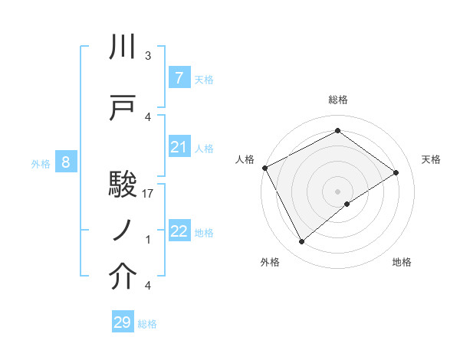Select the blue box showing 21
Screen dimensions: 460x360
179,148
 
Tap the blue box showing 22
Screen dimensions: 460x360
179,232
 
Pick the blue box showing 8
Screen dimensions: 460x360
66,162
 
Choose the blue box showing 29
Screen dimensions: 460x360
123,322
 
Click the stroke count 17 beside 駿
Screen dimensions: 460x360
149,194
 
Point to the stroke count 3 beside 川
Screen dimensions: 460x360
148,56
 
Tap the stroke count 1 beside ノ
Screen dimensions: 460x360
148,240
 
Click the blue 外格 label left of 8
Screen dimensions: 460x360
41,163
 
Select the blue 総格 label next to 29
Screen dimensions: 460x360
148,324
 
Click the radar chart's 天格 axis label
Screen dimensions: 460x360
431,159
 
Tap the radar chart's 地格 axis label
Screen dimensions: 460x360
402,262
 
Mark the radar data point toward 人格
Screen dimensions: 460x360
264,168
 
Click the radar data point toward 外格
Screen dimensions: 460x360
301,242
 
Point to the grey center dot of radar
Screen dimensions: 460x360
337,191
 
